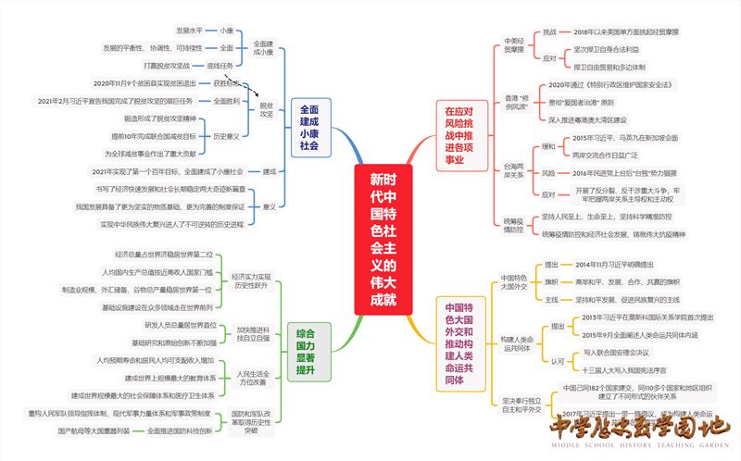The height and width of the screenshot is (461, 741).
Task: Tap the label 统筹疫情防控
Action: [514, 226]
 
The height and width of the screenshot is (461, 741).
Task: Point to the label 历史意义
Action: [227, 136]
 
